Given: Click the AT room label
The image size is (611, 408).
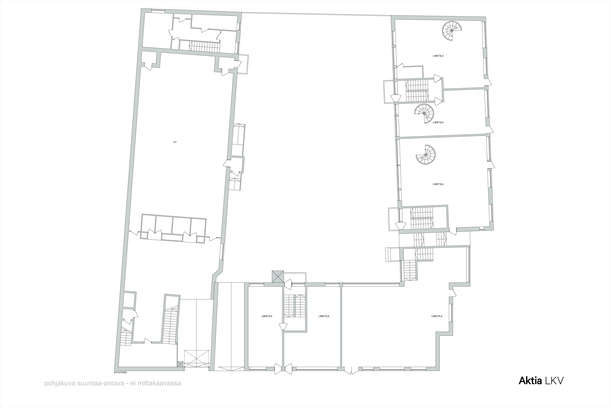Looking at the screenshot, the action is [175, 142].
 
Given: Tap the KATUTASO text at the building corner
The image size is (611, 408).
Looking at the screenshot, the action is [121, 372].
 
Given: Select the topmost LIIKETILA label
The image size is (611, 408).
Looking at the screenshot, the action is [438, 56].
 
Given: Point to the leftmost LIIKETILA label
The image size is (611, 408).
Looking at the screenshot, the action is [267, 316].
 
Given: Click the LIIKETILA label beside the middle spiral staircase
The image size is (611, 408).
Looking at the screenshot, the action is [438, 122].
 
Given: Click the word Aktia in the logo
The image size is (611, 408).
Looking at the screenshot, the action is [530, 381].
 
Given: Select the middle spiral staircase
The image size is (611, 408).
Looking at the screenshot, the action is [424, 114].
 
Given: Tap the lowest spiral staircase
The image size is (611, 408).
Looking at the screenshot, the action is [425, 155].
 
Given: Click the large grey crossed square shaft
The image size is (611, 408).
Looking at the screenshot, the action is [278, 277].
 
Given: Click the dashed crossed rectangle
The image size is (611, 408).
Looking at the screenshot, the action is [197, 359].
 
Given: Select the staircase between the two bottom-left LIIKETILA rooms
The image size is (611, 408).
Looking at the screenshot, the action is [294, 306].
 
